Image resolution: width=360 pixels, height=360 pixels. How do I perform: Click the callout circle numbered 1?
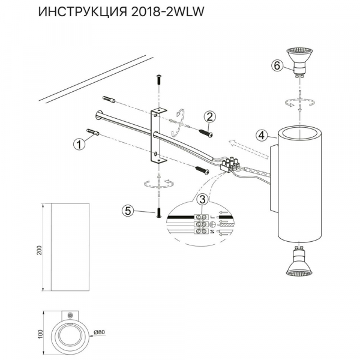click(77, 143)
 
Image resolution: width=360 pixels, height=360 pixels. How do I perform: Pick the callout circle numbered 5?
click(127, 210)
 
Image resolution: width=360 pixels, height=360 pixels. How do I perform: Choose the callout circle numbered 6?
click(277, 65)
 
